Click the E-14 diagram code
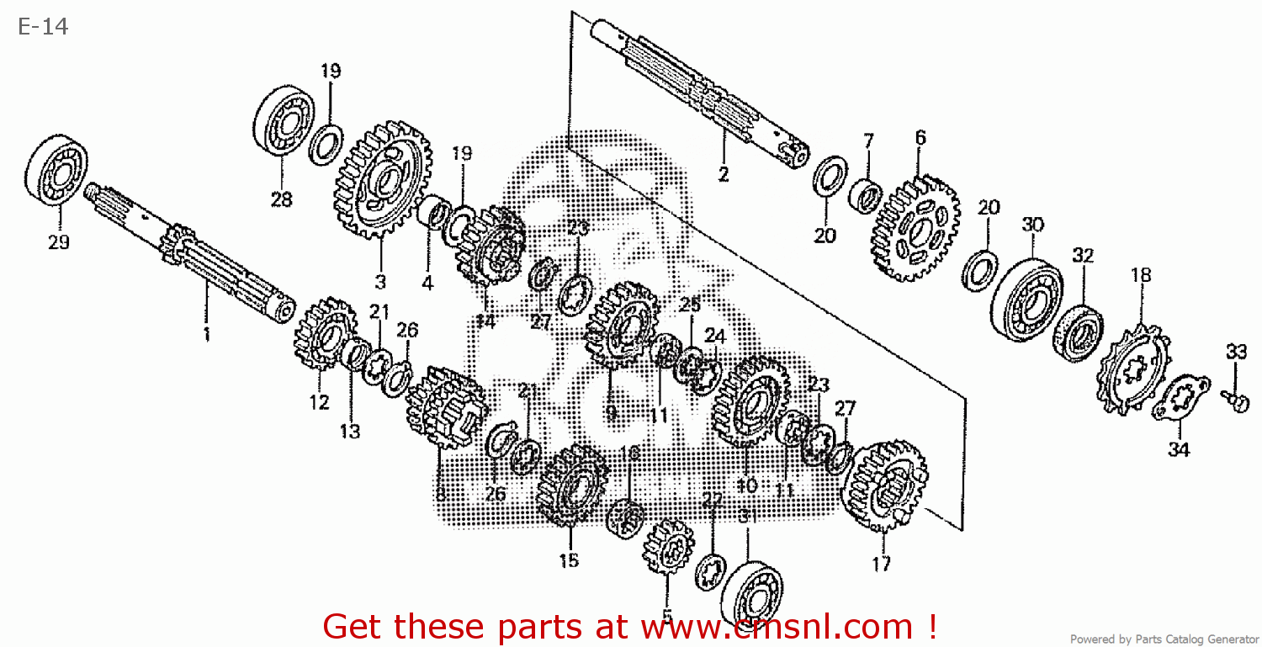(42, 27)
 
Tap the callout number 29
(58, 242)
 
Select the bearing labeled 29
(57, 174)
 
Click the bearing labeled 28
(284, 119)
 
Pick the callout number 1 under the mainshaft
(205, 334)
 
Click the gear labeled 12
(325, 334)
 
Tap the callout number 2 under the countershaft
(723, 174)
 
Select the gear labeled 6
(916, 228)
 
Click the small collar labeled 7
(866, 195)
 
